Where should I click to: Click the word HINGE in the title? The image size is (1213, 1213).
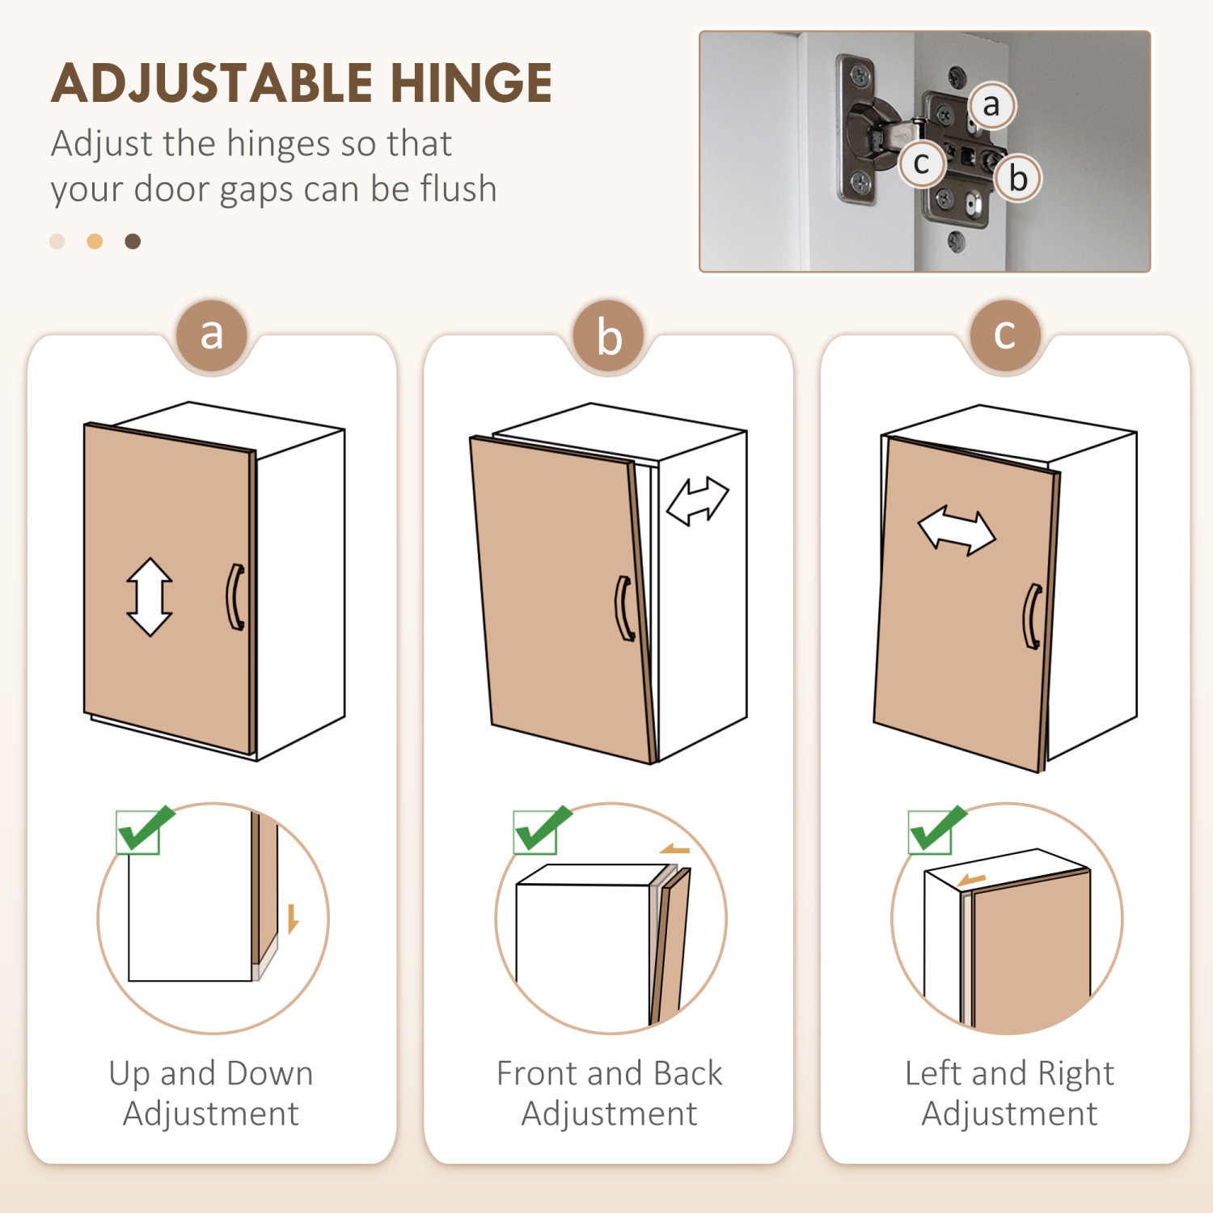coord(471,83)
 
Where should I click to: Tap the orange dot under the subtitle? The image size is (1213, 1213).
coord(95,241)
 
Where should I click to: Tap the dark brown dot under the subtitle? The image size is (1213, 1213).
coord(133,241)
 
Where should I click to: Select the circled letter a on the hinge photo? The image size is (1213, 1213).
coord(991,105)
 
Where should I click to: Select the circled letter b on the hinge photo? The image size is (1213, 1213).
coord(1017,178)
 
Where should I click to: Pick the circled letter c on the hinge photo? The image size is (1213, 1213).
coord(921,163)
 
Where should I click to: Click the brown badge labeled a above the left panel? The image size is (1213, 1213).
coord(212,335)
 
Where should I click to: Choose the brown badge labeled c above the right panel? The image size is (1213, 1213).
coord(1005,335)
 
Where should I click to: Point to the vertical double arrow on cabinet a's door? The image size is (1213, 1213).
coord(150,597)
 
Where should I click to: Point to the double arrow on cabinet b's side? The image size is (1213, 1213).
coord(698,501)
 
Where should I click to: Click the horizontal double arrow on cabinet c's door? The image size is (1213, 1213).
coord(957,530)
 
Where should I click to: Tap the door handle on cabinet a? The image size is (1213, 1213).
coord(235,597)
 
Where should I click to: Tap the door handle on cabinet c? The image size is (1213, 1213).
coord(1033,616)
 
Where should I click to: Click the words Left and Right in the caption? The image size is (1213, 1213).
coord(1009,1073)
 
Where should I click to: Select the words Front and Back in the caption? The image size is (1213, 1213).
coord(609,1073)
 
